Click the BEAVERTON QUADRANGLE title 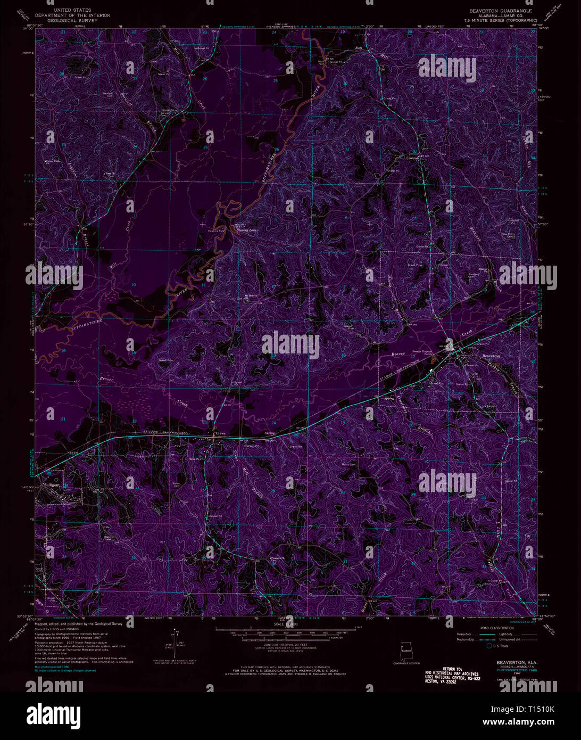click(493, 11)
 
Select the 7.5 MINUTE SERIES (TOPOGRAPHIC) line click(493, 20)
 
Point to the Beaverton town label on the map click(491, 356)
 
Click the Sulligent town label click(53, 486)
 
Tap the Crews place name click(220, 433)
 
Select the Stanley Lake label click(246, 231)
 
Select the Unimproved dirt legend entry click(518, 640)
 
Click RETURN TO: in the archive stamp click(455, 669)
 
